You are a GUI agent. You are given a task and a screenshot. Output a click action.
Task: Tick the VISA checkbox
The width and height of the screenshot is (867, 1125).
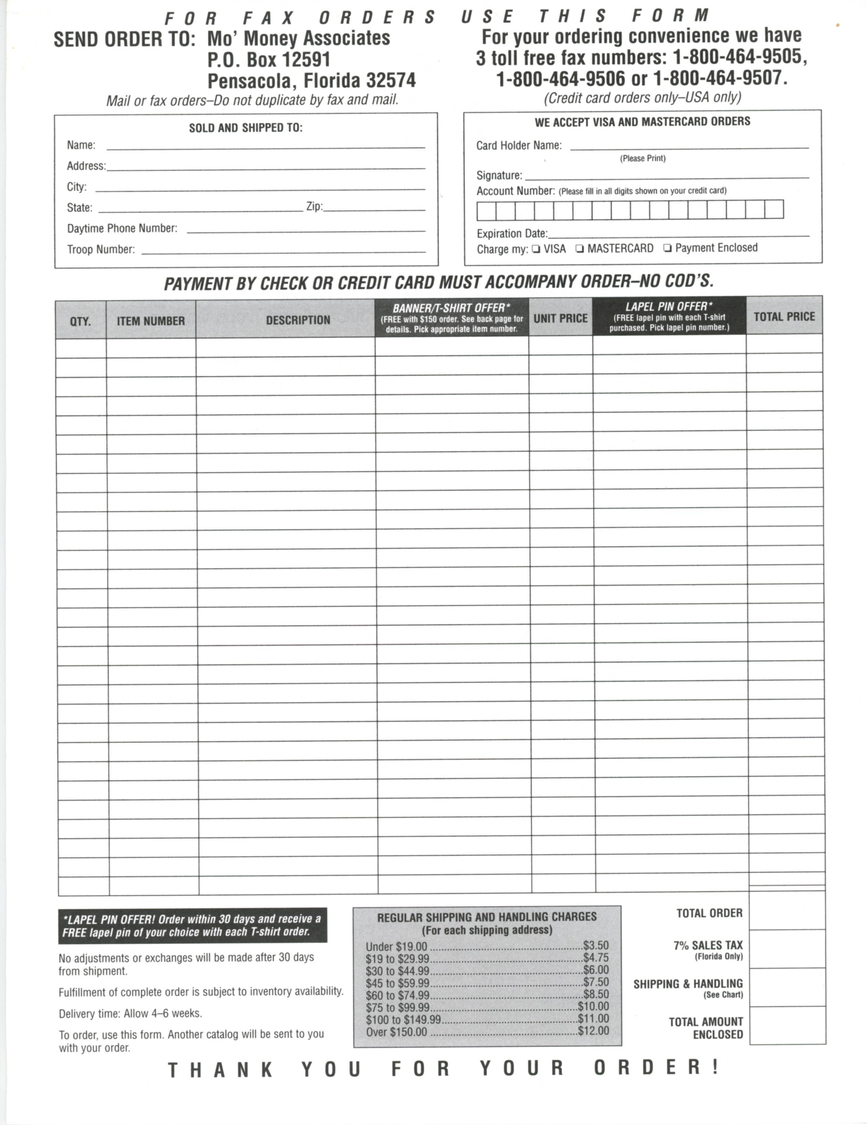click(x=536, y=249)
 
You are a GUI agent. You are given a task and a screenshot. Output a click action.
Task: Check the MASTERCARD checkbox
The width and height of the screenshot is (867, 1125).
click(x=580, y=249)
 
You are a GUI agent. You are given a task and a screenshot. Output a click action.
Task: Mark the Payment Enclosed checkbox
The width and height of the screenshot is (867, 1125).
click(x=668, y=248)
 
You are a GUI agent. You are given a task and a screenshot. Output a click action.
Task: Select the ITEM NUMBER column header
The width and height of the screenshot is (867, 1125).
click(x=151, y=321)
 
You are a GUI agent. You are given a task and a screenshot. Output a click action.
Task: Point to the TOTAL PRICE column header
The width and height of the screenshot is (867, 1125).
click(x=784, y=317)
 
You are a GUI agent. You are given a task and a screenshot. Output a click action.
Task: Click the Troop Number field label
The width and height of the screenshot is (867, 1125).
click(x=101, y=249)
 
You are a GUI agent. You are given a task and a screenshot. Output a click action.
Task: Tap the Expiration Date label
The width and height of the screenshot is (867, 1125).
click(x=512, y=234)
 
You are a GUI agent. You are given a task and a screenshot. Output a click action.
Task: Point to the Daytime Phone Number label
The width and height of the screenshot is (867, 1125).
click(x=122, y=228)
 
